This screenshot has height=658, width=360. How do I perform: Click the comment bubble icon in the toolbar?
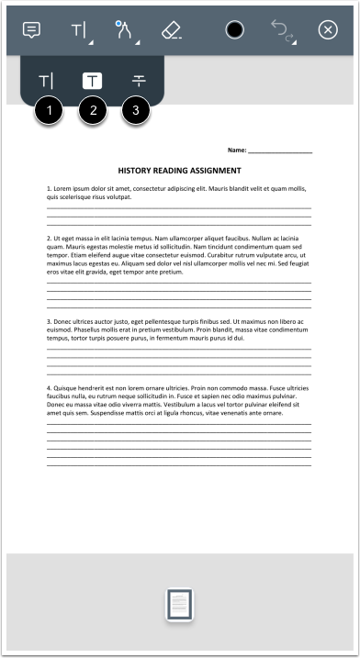point(32,29)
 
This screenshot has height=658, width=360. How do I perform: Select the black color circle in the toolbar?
point(234,30)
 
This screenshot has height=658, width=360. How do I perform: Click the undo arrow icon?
point(280,29)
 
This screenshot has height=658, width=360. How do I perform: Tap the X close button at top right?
point(328,30)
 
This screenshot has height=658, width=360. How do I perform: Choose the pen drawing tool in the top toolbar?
point(124,29)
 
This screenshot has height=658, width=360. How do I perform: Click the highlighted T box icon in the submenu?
point(93,81)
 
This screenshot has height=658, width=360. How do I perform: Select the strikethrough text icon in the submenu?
point(138,81)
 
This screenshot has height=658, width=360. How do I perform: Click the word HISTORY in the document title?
point(139,171)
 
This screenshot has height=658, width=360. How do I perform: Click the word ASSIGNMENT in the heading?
point(214,171)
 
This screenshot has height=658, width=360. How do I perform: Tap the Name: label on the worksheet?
point(236,150)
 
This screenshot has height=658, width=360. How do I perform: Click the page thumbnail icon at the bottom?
point(180,605)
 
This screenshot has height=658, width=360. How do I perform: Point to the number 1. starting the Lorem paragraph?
point(50,188)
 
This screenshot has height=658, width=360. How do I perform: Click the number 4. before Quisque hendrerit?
point(50,388)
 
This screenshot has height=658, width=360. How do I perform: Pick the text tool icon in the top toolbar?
point(78,30)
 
